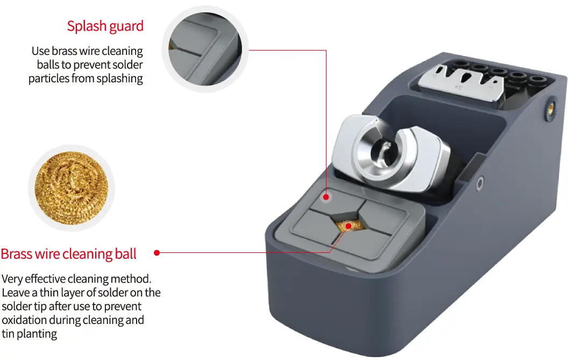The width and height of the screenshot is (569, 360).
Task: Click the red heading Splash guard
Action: [x=105, y=26]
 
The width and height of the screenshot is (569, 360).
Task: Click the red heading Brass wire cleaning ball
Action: [x=69, y=253]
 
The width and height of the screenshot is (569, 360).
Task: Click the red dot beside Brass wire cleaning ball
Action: [x=157, y=252]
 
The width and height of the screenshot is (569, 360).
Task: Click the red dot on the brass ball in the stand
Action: [x=348, y=226]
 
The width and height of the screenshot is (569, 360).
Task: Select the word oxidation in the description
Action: [x=27, y=320]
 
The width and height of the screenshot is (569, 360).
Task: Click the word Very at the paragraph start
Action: [x=12, y=279]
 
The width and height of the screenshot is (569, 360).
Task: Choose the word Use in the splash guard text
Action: [x=40, y=51]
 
